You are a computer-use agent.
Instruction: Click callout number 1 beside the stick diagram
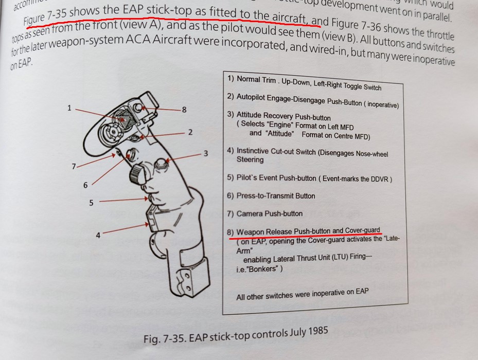69,108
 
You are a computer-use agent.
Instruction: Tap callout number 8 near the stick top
184,110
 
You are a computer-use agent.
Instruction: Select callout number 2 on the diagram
190,132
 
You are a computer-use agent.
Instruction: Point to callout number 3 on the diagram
205,153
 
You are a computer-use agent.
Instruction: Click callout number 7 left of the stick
74,166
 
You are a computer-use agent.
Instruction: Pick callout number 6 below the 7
85,185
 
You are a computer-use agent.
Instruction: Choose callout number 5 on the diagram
91,203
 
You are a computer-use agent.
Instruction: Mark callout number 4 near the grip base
98,235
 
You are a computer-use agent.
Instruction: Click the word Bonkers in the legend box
264,269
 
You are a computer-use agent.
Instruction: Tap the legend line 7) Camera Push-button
264,213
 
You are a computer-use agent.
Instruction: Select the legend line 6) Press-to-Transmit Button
271,195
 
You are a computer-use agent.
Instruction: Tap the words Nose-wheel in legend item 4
370,154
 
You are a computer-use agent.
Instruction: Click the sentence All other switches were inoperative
302,295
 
